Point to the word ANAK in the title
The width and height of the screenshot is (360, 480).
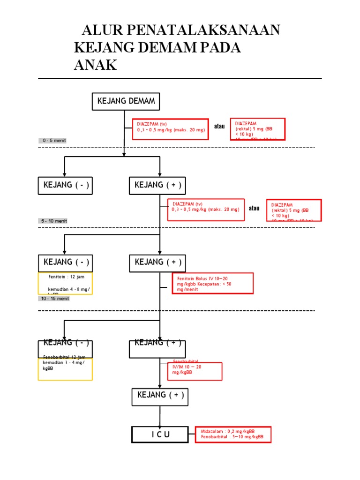95,65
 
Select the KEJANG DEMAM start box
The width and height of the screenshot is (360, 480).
126,101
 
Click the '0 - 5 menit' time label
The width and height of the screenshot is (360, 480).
54,141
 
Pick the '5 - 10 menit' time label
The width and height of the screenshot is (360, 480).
54,221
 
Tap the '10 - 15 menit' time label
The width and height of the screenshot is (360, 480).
54,299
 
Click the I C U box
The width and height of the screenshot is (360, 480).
160,435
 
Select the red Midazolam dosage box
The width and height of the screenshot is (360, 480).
232,434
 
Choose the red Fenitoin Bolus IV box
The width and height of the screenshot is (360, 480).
212,283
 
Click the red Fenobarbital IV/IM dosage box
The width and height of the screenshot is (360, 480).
195,370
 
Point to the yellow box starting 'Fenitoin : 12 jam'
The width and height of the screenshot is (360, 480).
65,284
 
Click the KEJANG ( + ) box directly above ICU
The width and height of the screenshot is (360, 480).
160,397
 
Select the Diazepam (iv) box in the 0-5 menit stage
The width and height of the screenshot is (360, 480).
171,129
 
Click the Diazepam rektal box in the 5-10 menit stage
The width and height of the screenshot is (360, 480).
294,210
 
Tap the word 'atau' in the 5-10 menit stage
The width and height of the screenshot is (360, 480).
254,208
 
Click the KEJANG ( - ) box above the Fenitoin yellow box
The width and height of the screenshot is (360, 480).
65,262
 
